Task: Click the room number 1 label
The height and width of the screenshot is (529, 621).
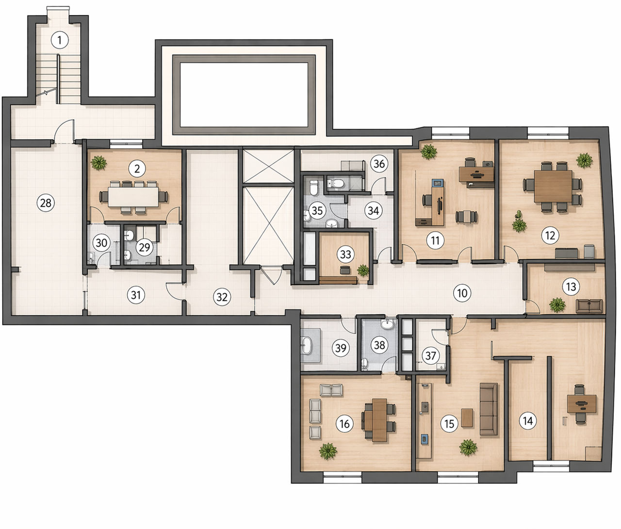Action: [x=60, y=40]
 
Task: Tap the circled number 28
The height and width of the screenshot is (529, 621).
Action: [x=46, y=203]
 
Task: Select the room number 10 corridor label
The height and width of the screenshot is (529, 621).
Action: [x=462, y=293]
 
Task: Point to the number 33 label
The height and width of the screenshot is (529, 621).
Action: [x=345, y=255]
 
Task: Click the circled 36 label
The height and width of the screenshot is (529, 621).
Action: [x=379, y=164]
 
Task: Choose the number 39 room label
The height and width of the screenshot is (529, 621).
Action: [x=341, y=348]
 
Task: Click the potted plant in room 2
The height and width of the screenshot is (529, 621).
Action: [x=99, y=162]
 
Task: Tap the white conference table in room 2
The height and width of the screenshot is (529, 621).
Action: [x=134, y=197]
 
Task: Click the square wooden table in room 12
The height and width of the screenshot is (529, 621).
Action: [x=553, y=186]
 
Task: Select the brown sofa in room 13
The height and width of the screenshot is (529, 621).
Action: [x=589, y=306]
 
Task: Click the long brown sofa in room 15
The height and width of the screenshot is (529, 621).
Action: [x=489, y=409]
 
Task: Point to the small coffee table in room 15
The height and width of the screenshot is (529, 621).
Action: [x=467, y=417]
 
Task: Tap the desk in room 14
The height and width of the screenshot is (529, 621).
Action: [x=582, y=404]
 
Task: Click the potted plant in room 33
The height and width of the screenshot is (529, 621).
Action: [x=363, y=270]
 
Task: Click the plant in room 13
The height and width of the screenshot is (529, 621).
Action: [x=557, y=305]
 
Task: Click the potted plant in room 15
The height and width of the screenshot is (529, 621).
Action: [x=468, y=448]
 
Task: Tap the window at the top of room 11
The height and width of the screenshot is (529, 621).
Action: [x=451, y=133]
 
